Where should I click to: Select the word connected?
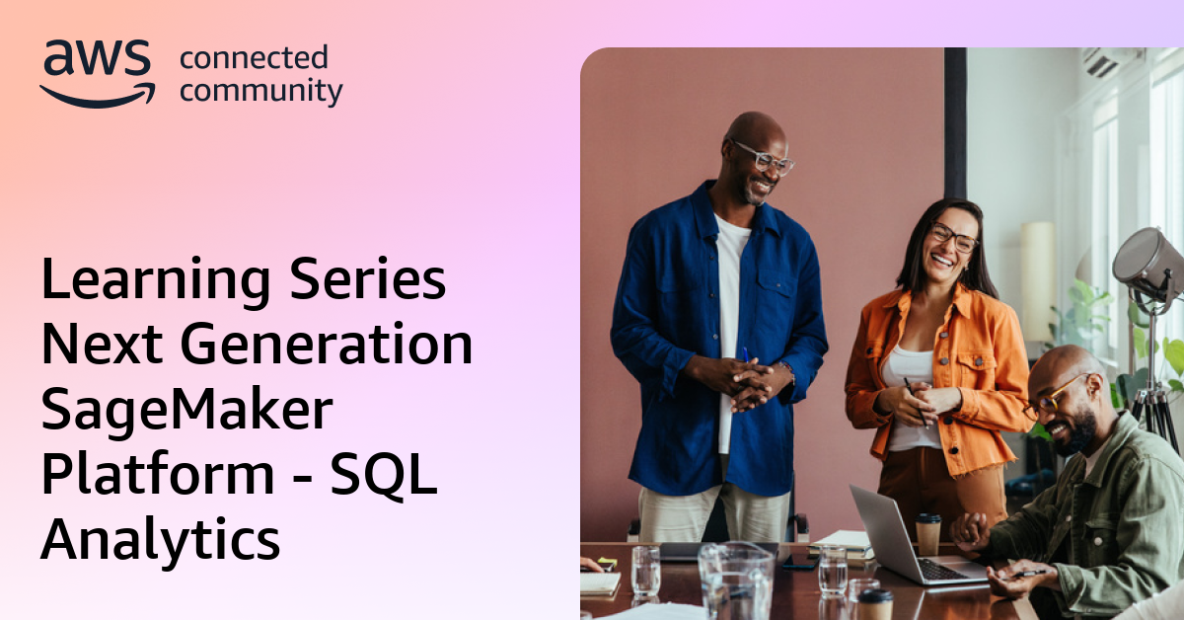point(253,59)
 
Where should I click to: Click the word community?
point(261,92)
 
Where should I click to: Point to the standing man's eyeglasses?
point(764,157)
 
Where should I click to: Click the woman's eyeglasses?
point(953,237)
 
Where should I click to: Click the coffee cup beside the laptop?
point(928,534)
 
